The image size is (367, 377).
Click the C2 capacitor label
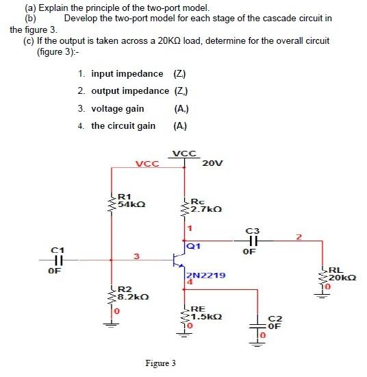click(275, 322)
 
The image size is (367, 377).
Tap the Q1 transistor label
click(192, 244)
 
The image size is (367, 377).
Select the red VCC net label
click(147, 164)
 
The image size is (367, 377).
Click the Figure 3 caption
click(160, 363)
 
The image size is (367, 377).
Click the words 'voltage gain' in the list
click(117, 108)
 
